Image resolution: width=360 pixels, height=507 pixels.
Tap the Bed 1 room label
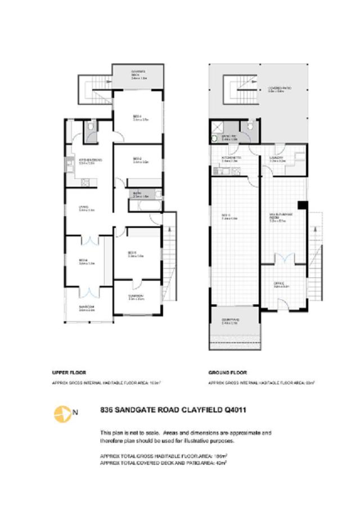[x=140, y=119]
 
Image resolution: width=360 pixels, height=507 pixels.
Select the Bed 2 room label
[x=140, y=160]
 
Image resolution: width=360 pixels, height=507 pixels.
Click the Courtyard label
[x=230, y=322]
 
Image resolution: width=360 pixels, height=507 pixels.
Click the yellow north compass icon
[x=61, y=414]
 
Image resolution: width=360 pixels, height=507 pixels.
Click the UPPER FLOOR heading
[x=69, y=373]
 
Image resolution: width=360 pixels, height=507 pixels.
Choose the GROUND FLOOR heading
[x=226, y=373]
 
